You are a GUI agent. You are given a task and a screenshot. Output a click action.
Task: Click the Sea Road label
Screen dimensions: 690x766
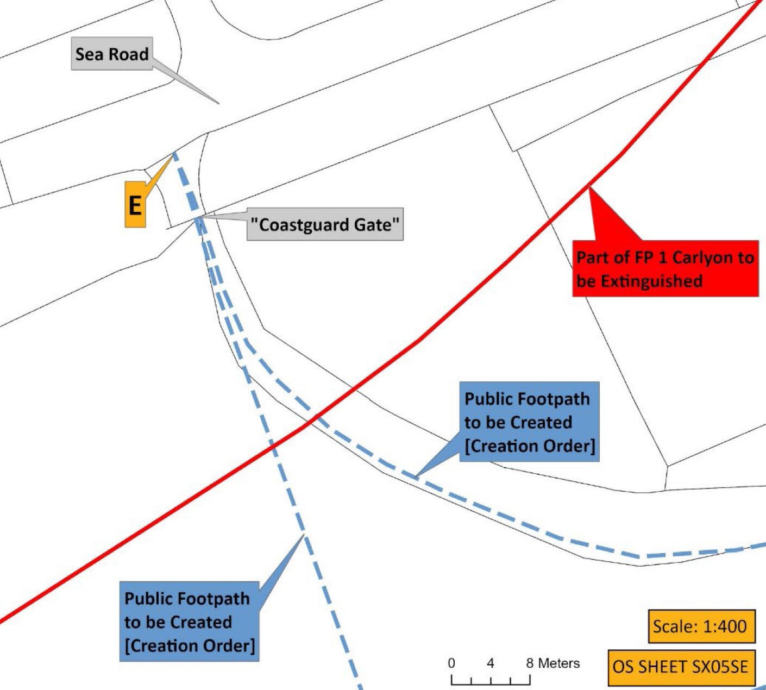coord(111,54)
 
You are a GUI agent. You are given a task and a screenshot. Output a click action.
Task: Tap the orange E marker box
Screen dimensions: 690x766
coord(135,205)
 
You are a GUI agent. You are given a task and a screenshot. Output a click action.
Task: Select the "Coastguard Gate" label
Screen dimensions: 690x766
coord(325,224)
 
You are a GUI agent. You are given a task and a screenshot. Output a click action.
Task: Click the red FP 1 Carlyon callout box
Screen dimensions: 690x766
coord(665,268)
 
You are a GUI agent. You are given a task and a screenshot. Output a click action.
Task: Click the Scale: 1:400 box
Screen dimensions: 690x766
coord(701,626)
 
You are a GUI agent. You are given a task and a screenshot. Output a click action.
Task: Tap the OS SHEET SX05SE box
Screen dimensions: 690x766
coord(681,667)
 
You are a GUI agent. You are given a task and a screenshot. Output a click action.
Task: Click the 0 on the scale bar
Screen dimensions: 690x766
coord(451,663)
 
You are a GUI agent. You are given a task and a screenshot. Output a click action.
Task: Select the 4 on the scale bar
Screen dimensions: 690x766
coord(491,663)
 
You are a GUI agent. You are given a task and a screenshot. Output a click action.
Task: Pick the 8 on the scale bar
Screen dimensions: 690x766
coord(530,663)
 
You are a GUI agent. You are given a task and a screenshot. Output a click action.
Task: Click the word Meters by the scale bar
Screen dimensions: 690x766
coord(559,663)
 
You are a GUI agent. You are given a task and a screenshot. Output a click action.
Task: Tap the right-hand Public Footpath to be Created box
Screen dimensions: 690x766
coord(529,422)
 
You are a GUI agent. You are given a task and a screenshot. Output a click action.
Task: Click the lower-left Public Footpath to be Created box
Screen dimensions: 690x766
coord(189,622)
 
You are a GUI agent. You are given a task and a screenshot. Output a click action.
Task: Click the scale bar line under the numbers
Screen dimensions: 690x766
coord(491,679)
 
